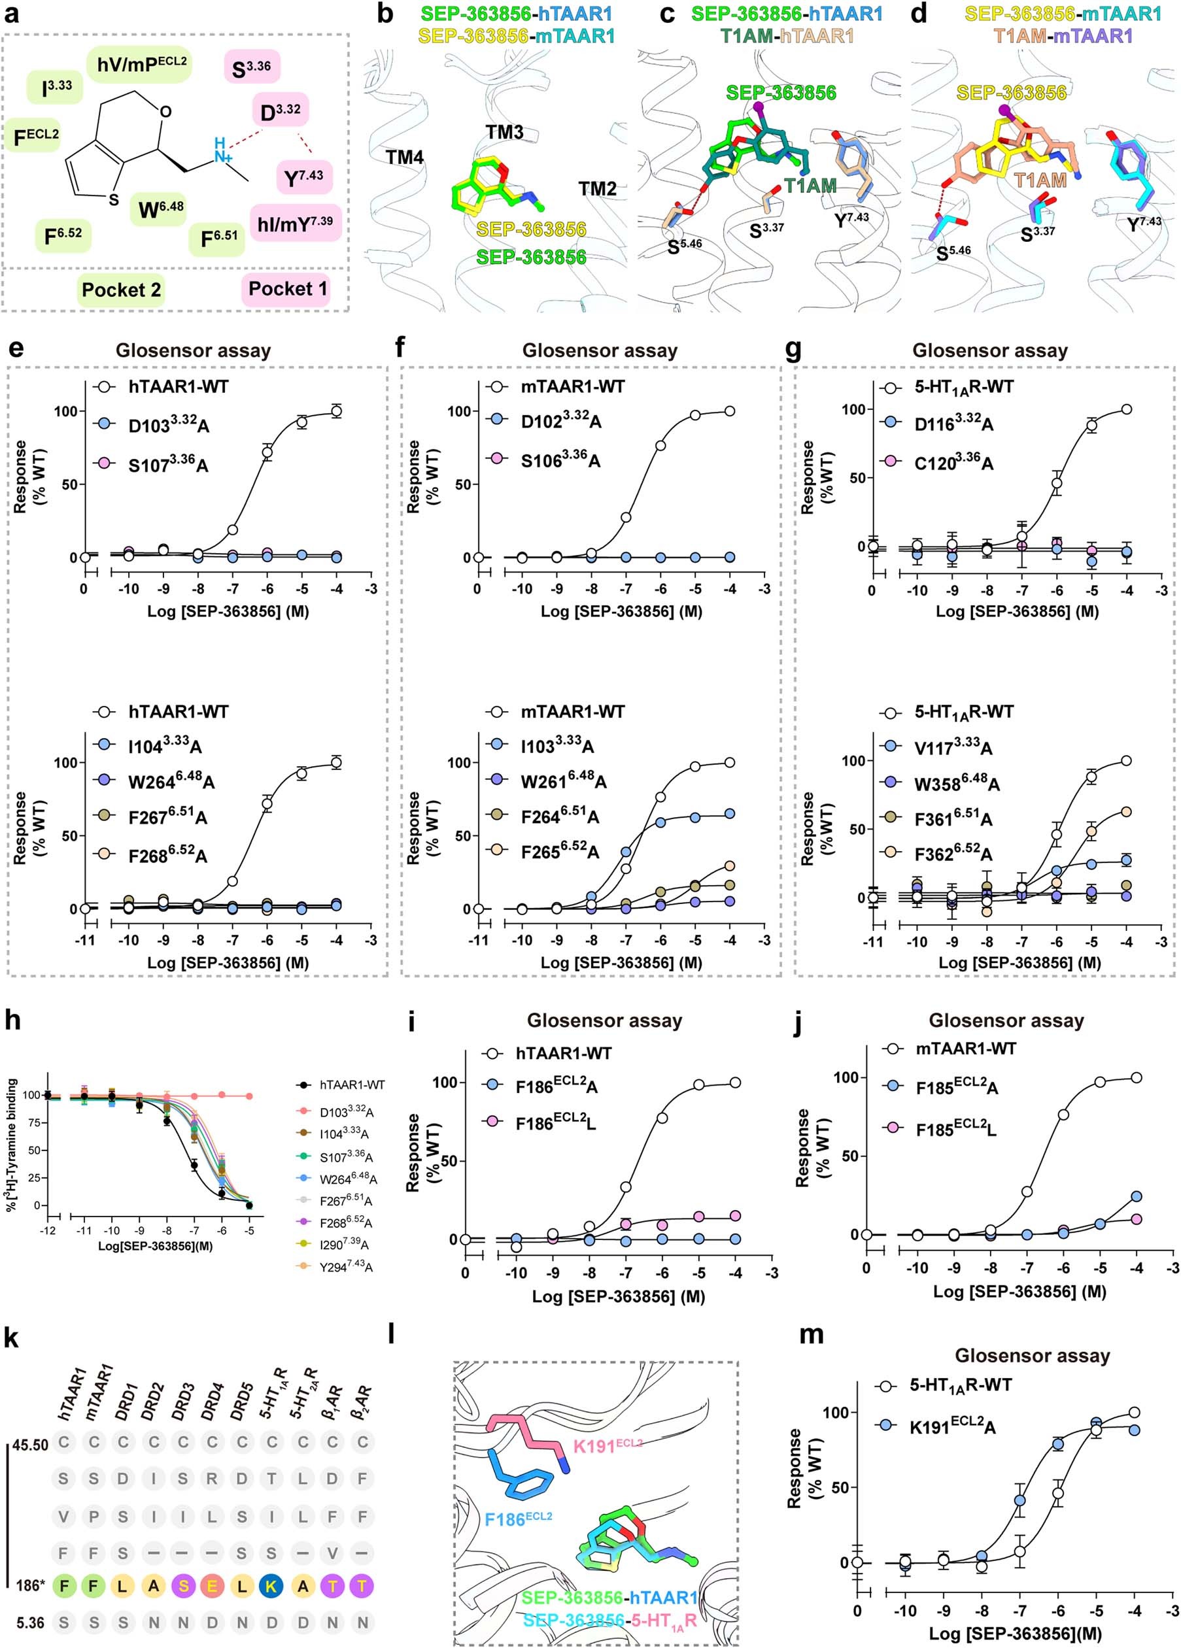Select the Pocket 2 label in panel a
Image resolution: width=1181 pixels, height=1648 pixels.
click(120, 290)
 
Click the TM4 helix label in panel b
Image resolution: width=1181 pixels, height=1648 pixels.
click(405, 157)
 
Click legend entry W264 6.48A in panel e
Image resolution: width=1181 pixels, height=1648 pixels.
click(171, 781)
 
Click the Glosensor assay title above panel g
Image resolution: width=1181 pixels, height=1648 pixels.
click(990, 350)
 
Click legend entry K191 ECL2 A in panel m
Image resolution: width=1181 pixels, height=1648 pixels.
click(952, 1426)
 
